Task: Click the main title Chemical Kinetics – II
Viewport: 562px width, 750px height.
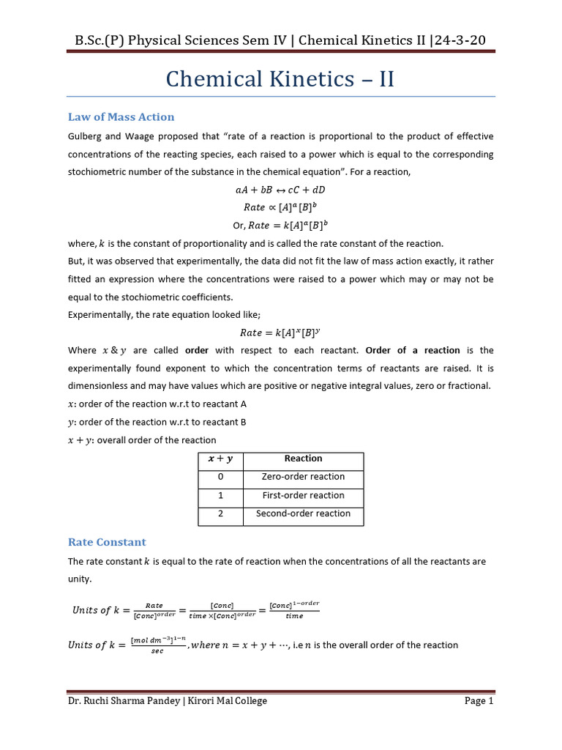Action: click(x=280, y=78)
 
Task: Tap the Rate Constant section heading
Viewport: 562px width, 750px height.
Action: click(x=107, y=542)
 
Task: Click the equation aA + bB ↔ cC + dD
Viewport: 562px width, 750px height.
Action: click(x=280, y=190)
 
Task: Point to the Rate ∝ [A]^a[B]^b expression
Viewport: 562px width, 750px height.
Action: click(x=280, y=207)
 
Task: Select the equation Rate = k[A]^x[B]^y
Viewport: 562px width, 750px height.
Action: click(x=280, y=333)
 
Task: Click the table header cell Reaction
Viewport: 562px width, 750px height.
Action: click(x=303, y=458)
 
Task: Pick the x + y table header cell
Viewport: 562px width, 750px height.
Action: click(x=220, y=458)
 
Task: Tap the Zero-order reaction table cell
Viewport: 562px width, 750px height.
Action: click(x=303, y=477)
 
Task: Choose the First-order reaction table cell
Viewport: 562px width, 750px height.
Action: click(x=303, y=495)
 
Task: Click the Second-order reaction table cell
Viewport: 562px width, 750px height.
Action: click(x=303, y=513)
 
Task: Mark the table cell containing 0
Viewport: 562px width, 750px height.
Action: click(x=220, y=477)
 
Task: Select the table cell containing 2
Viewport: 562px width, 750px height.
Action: click(x=220, y=513)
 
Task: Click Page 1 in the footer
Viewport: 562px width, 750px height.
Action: click(x=479, y=701)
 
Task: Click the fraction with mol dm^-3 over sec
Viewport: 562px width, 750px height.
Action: click(x=157, y=645)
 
